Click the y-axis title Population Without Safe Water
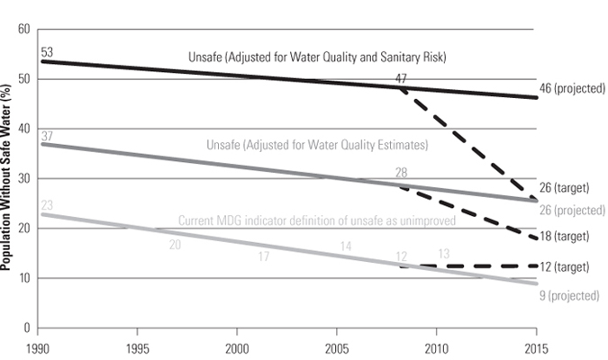click(8, 178)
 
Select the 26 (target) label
click(564, 188)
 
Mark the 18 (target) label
click(564, 237)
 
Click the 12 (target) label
click(564, 268)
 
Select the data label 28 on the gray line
click(401, 172)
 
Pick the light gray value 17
click(264, 257)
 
